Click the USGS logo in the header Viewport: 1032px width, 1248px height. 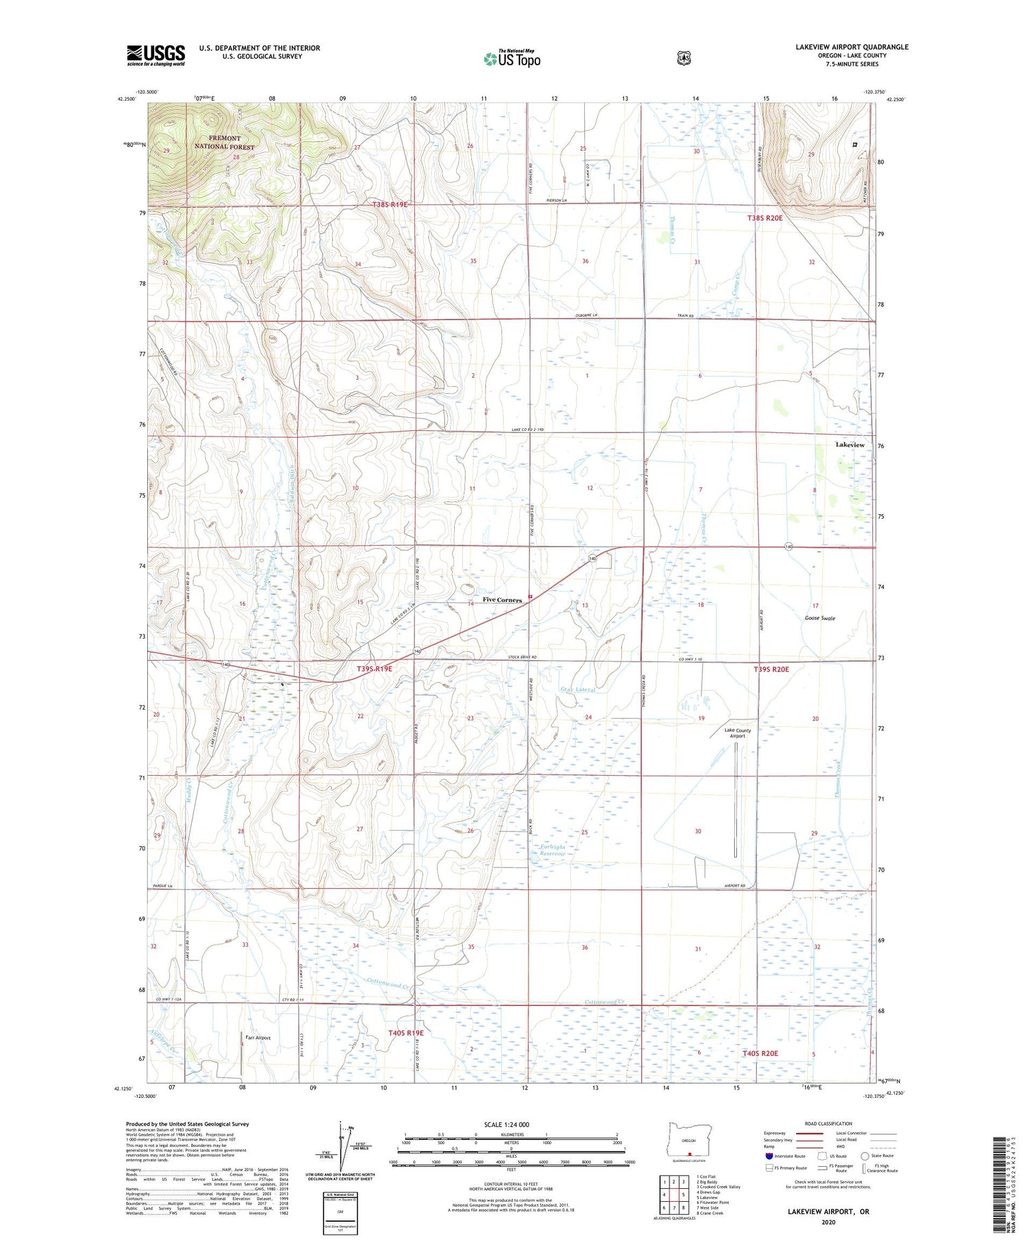click(x=155, y=55)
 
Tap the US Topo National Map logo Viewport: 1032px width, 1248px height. click(x=512, y=59)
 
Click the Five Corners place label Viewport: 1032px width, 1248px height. click(x=502, y=600)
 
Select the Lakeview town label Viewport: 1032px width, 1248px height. click(x=850, y=445)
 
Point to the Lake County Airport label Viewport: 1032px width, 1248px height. click(x=738, y=733)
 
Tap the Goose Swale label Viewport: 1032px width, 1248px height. click(x=819, y=618)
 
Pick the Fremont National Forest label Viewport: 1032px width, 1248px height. click(x=224, y=142)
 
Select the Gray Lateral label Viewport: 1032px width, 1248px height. click(x=577, y=688)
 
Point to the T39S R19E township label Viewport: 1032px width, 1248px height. click(x=374, y=668)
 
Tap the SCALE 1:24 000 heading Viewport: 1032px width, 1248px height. click(x=506, y=1124)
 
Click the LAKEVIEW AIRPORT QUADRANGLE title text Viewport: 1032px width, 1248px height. click(x=852, y=47)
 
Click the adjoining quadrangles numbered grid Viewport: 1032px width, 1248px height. click(x=674, y=1194)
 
